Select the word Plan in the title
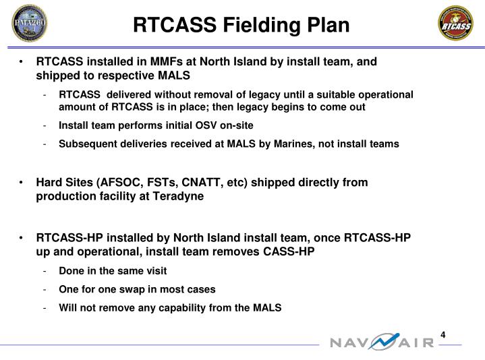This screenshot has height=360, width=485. (x=327, y=25)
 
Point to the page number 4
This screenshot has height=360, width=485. (x=444, y=335)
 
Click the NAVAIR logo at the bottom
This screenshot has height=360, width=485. (x=382, y=342)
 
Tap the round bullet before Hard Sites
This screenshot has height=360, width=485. (x=23, y=183)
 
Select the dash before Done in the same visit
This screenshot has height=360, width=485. (x=43, y=271)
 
